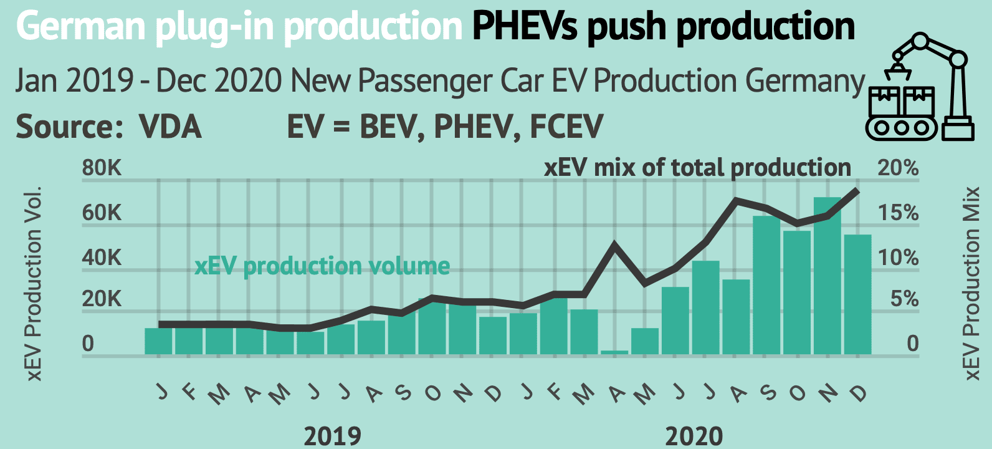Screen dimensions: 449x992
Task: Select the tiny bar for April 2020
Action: [614, 352]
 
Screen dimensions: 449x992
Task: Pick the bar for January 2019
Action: [158, 341]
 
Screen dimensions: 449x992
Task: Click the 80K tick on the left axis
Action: [102, 168]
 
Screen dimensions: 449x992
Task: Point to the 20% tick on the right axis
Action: [898, 168]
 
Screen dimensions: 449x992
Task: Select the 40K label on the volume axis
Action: [102, 258]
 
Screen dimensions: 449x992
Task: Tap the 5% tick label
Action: [904, 299]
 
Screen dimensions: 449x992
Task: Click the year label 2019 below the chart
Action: [332, 435]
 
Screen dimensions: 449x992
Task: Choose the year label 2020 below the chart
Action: [694, 435]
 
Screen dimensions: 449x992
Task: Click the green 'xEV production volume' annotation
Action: [322, 266]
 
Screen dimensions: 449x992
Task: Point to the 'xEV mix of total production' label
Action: [697, 168]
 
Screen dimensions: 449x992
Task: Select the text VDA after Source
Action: [171, 127]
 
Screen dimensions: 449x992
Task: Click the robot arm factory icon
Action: [920, 87]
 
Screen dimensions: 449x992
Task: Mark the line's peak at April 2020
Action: [615, 244]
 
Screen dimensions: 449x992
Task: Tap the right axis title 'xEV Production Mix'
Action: [971, 284]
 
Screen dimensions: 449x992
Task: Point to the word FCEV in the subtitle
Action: [566, 127]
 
